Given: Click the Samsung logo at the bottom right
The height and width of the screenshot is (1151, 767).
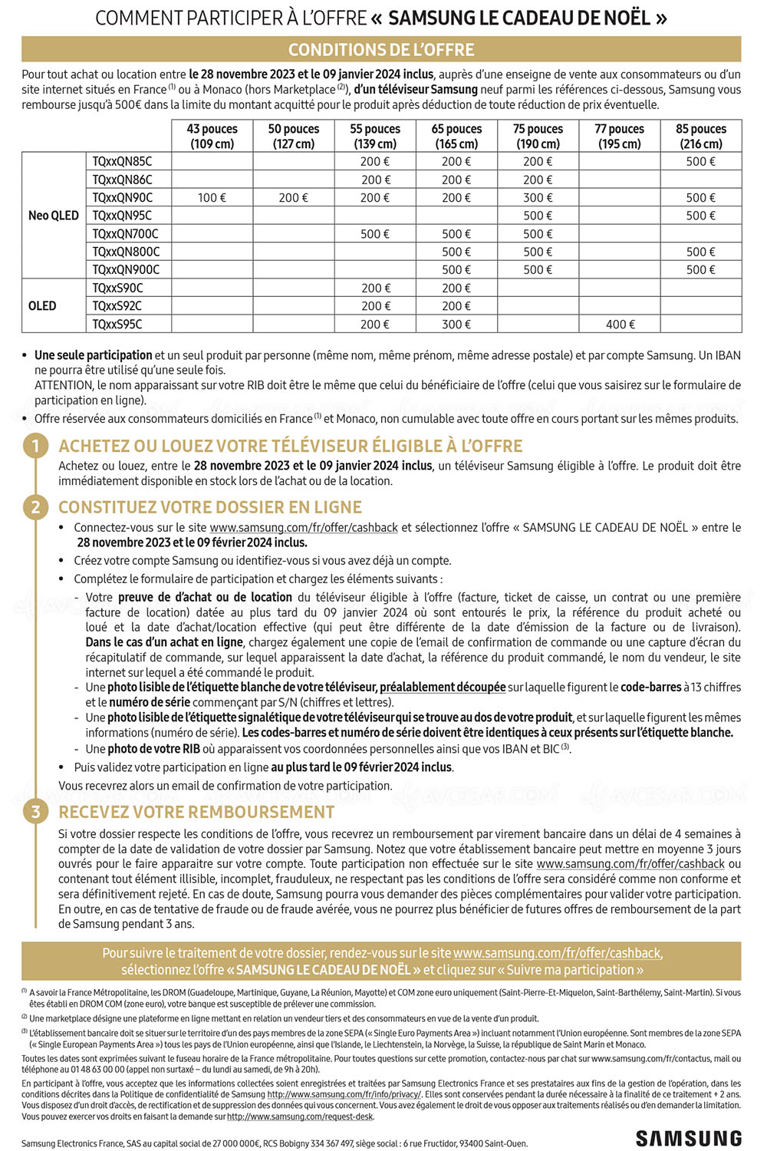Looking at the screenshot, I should [688, 1138].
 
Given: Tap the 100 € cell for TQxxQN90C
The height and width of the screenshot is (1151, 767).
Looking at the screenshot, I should [212, 198].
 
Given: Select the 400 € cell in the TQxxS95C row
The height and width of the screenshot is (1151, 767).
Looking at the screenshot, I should [620, 325].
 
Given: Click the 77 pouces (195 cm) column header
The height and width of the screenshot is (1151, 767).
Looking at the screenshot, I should [620, 137].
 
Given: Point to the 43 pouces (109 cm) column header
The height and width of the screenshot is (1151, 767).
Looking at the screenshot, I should [212, 137].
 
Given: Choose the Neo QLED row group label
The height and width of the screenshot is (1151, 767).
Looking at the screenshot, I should [54, 216].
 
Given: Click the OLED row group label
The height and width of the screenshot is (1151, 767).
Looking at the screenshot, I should [42, 306].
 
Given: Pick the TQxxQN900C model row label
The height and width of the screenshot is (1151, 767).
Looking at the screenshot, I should [126, 270].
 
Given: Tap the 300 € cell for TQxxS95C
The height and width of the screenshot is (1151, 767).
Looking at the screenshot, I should [456, 325].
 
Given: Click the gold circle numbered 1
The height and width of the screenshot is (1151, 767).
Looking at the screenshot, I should [35, 446].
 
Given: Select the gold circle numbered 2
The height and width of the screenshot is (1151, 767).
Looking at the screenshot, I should [35, 507].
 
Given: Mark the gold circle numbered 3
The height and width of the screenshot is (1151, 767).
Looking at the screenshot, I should [35, 812].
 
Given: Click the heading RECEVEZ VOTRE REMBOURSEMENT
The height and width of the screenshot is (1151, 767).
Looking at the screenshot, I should [196, 813].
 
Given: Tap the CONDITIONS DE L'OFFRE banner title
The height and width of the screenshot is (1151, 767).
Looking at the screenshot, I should [381, 50].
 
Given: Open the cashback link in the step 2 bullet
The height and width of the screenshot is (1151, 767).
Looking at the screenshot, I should [304, 528].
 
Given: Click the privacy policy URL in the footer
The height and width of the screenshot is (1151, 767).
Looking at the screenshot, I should [344, 1094].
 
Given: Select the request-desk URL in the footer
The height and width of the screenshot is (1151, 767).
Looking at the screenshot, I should [300, 1116].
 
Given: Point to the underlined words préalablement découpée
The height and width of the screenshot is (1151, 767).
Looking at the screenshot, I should [443, 688].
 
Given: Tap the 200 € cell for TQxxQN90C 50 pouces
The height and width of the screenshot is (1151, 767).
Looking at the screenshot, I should [293, 198].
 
